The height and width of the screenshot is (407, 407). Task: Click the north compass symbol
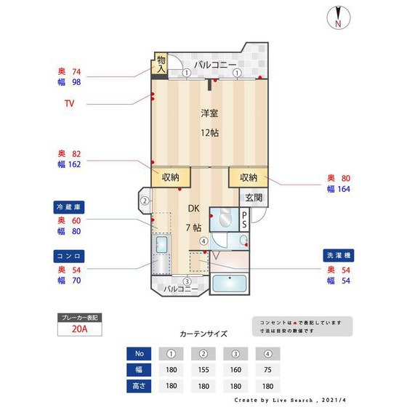click(x=338, y=17)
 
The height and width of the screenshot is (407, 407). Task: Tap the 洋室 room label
click(x=210, y=113)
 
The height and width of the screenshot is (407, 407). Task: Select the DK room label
click(x=194, y=209)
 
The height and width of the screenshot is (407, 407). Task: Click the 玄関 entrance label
click(x=253, y=198)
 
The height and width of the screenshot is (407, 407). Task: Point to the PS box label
click(x=244, y=219)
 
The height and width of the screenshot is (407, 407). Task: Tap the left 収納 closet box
click(x=171, y=177)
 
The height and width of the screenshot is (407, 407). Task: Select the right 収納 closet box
click(x=249, y=177)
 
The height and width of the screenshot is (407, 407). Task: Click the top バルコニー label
click(x=214, y=65)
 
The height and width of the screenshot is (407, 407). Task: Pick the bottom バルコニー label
click(x=180, y=289)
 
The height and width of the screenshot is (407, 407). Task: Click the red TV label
click(x=70, y=104)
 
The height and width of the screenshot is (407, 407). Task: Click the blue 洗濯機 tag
click(x=338, y=256)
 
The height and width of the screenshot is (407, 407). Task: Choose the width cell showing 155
click(x=203, y=370)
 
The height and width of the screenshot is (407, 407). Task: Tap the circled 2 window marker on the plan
click(x=145, y=201)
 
